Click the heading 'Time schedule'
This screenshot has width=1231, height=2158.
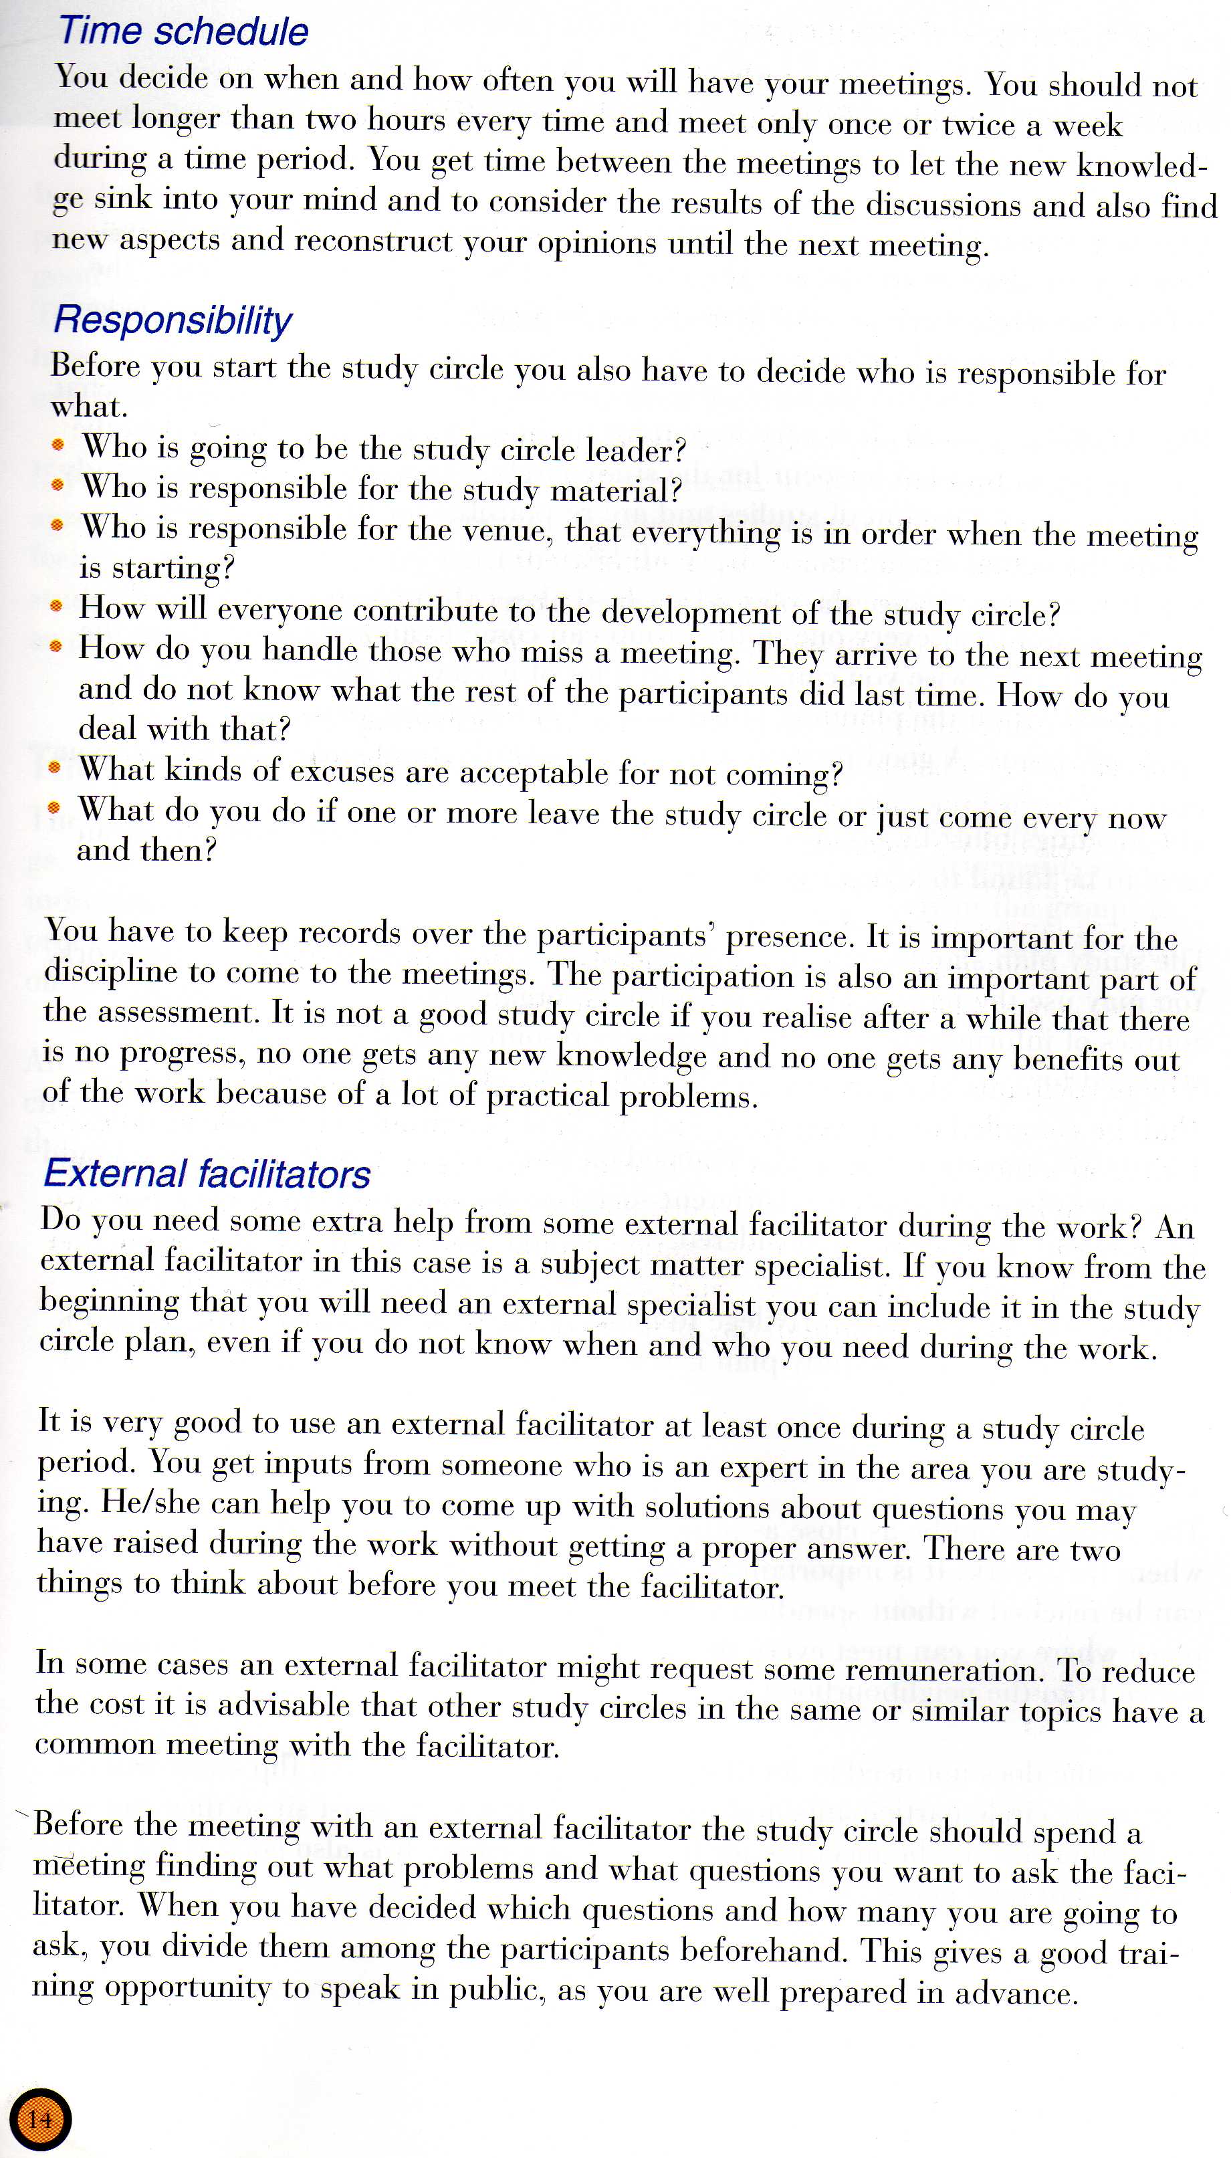coord(183,31)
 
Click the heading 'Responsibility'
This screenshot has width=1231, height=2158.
coord(173,320)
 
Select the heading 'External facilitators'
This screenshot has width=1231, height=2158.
coord(207,1174)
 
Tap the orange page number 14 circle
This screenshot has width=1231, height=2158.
coord(39,2119)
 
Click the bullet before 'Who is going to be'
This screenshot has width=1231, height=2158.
coord(58,445)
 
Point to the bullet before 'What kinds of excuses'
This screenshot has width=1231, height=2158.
coord(55,768)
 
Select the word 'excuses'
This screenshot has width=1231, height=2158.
coord(342,771)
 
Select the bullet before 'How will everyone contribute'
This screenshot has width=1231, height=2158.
coord(55,606)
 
